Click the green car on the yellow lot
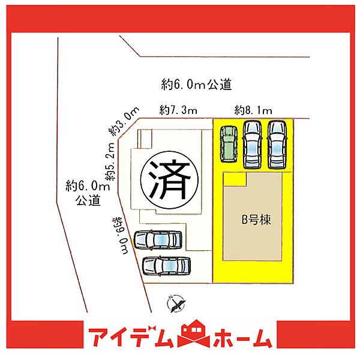tap(229, 144)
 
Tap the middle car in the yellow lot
tap(253, 145)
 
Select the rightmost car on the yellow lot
tap(277, 145)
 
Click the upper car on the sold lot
tap(158, 240)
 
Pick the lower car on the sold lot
tap(166, 266)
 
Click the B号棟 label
tap(256, 220)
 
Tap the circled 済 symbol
tap(169, 180)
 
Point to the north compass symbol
tap(176, 304)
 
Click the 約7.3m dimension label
tap(178, 110)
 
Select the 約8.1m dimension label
tap(253, 110)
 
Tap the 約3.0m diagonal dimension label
tap(124, 121)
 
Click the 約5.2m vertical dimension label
tap(110, 161)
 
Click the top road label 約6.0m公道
tap(196, 85)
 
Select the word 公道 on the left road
tap(88, 200)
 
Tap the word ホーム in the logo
tap(243, 338)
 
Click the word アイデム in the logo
tap(131, 337)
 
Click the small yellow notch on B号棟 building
tap(235, 179)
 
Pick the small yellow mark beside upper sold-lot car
tap(133, 242)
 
